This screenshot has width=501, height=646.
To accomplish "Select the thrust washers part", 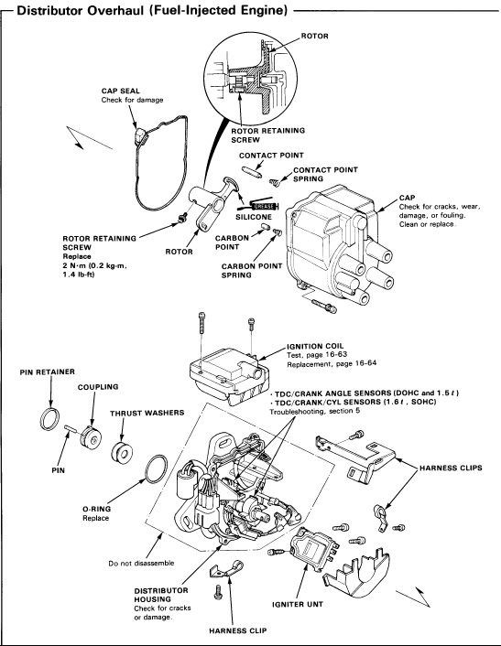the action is coord(122,452).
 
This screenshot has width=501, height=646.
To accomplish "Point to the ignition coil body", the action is coord(229,376).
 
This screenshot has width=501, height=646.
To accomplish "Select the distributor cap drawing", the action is coord(339,244).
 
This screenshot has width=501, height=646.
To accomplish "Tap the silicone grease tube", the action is coord(257,205).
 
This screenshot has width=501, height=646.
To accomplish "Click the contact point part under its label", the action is coord(251,172).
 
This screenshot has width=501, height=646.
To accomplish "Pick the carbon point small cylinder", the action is coord(266,227).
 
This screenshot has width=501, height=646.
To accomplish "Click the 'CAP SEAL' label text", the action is coord(120,91).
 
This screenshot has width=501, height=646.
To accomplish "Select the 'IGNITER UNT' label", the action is coord(298,604).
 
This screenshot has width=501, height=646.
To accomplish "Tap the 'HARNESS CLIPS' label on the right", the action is coord(451,468).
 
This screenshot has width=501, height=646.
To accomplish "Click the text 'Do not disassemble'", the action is coord(141,563).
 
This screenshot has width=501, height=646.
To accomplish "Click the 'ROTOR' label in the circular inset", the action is coord(315,36).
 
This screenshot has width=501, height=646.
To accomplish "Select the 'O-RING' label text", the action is coord(96,509).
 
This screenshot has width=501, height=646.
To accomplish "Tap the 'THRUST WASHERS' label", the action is coord(147,413).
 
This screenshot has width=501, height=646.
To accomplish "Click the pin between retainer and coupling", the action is coord(71,429).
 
